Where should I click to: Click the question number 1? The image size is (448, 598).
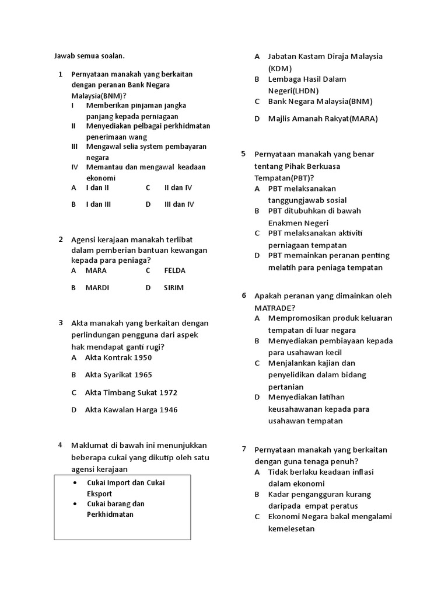pos(61,75)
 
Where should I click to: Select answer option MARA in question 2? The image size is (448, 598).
pos(96,271)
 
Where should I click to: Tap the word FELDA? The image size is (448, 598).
pos(175,271)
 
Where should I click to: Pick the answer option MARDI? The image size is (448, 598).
pos(97,288)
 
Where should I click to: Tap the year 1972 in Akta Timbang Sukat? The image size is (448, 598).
pos(168,392)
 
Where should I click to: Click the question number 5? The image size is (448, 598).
pos(244,154)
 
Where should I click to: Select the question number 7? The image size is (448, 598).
pos(244,448)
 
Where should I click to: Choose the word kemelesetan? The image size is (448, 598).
pos(291,529)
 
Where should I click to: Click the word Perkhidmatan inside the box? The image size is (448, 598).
pos(110,514)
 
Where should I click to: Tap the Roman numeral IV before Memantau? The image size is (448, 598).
pos(75,167)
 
